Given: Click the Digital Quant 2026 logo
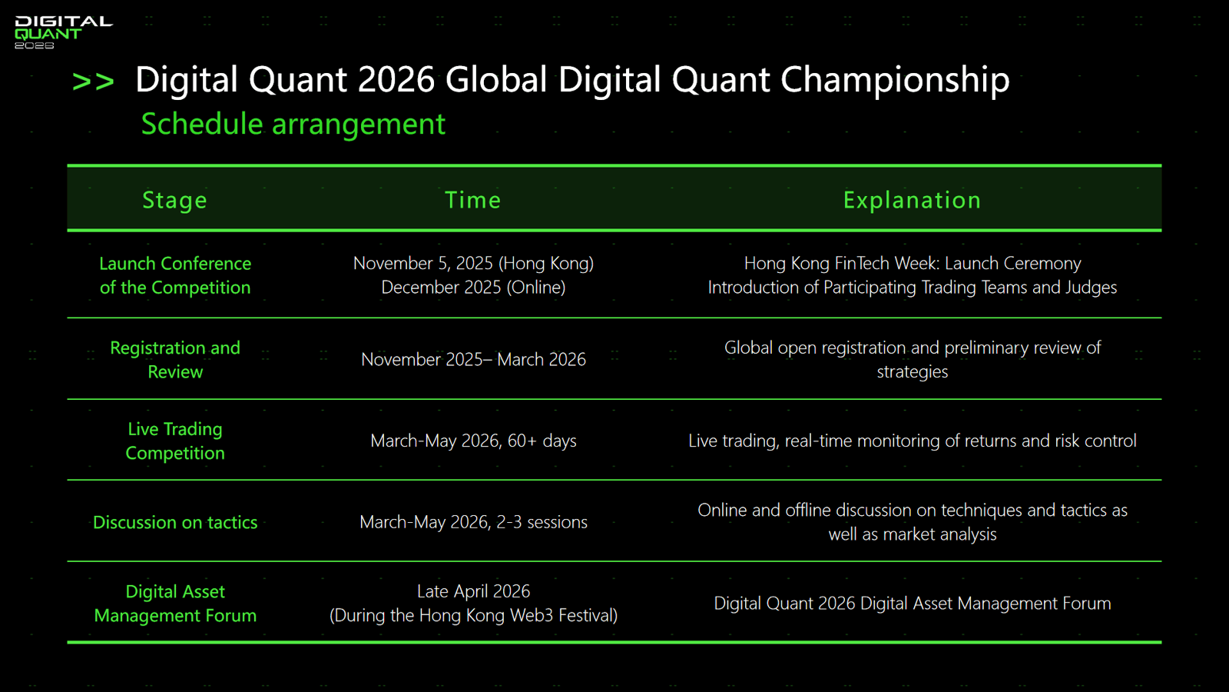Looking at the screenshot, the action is (x=63, y=33).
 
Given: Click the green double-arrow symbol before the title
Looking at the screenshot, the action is (x=93, y=82).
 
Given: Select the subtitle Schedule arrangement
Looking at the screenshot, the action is (x=293, y=124).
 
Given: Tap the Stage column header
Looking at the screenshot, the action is (x=174, y=201).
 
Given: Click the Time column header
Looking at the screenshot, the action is (x=473, y=200).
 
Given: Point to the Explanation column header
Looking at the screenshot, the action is (x=912, y=201).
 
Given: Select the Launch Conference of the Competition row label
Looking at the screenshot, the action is (x=175, y=276).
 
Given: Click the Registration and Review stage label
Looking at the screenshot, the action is (x=175, y=360).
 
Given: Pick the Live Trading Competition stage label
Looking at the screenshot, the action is (x=175, y=441).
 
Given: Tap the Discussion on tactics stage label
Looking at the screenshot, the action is (x=175, y=522).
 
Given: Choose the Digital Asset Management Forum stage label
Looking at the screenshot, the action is (x=175, y=604).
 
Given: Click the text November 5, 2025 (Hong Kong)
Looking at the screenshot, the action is (x=473, y=264).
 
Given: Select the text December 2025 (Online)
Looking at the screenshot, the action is (x=473, y=288).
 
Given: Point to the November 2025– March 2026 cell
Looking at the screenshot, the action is (x=473, y=359).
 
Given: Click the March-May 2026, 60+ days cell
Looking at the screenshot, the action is (x=473, y=441).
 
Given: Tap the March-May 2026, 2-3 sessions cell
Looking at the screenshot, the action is (x=473, y=522).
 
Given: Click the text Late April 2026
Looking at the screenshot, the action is (x=473, y=591).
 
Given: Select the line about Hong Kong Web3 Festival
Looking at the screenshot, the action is (x=473, y=616).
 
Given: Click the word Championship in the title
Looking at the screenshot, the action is (x=895, y=80).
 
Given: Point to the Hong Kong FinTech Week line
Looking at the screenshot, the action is (x=913, y=264).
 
